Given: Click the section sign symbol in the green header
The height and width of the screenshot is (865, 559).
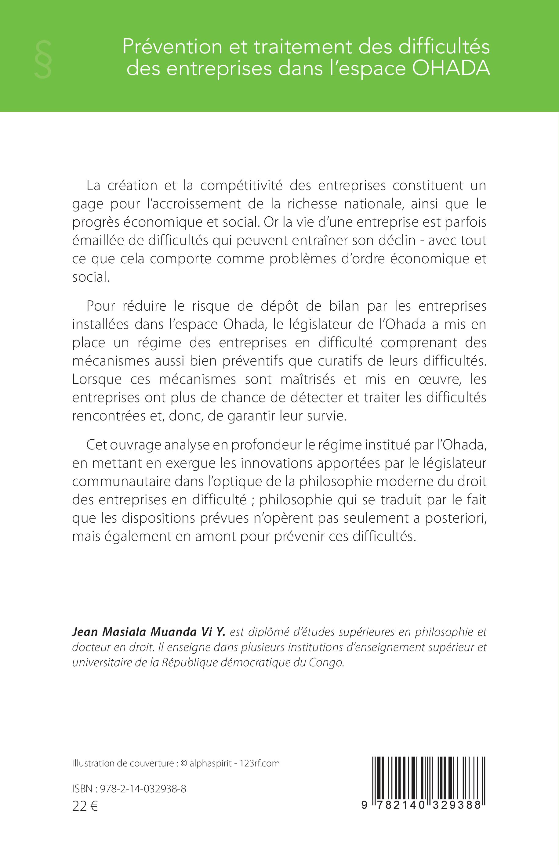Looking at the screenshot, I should click(x=43, y=59).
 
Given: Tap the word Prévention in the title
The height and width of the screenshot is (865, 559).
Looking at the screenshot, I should click(x=172, y=47).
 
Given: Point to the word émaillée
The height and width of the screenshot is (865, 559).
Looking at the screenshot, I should click(x=96, y=240).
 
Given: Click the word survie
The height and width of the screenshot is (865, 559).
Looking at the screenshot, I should click(x=327, y=416).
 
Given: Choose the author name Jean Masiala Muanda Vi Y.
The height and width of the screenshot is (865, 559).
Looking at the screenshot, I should click(x=149, y=642).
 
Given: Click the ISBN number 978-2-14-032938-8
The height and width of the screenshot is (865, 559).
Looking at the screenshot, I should click(x=143, y=789).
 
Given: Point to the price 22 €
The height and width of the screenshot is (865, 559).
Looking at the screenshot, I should click(x=85, y=807).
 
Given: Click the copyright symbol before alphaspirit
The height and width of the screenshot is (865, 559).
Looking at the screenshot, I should click(x=183, y=763).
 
